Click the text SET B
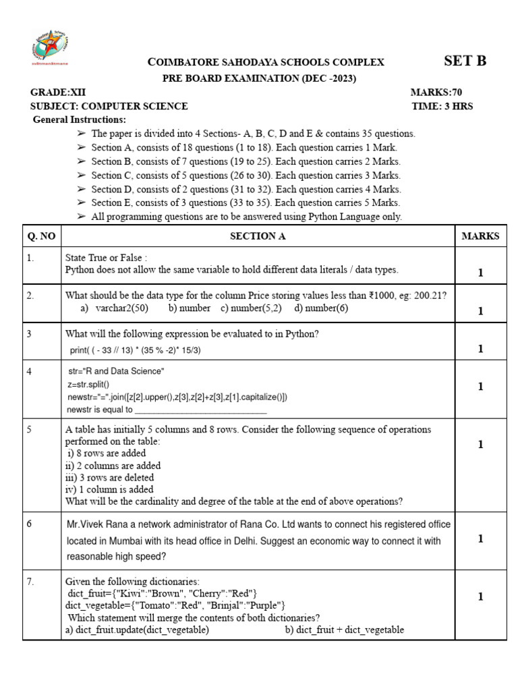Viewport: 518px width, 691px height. click(465, 61)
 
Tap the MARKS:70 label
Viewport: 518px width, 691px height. click(436, 92)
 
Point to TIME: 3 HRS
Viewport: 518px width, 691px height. click(442, 106)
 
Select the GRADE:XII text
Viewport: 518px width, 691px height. click(57, 92)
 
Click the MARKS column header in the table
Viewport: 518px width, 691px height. click(480, 236)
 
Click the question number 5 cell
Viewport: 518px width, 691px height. click(30, 429)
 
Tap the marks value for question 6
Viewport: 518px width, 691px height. click(480, 538)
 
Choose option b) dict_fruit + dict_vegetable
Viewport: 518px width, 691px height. click(344, 630)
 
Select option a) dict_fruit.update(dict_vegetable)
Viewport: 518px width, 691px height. click(137, 630)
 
